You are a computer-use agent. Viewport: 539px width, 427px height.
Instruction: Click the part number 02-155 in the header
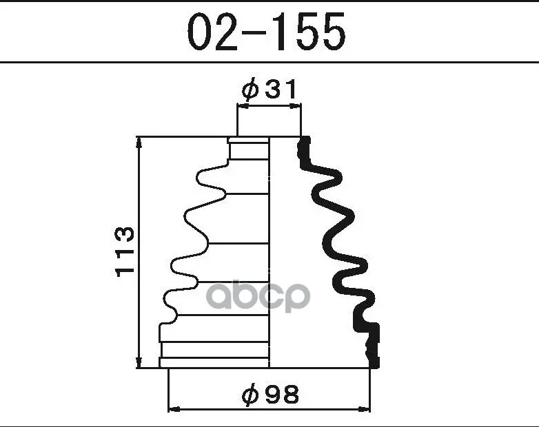(267, 32)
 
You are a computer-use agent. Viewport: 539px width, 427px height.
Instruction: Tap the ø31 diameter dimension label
(269, 89)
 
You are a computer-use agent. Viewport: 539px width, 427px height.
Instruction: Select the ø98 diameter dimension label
(270, 394)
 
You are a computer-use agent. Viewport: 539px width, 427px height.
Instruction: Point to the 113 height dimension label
(124, 251)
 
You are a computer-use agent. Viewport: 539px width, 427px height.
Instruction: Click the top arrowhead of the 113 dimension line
(139, 143)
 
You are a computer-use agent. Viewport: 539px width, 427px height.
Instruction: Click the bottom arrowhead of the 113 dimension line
(139, 362)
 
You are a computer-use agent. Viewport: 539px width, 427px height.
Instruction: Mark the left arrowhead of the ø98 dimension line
(174, 409)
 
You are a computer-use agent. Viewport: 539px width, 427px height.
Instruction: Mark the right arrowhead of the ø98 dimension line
(364, 409)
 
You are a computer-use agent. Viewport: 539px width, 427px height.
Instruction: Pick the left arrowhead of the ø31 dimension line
(243, 107)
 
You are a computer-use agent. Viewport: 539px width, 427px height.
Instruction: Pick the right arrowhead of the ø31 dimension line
(295, 107)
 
